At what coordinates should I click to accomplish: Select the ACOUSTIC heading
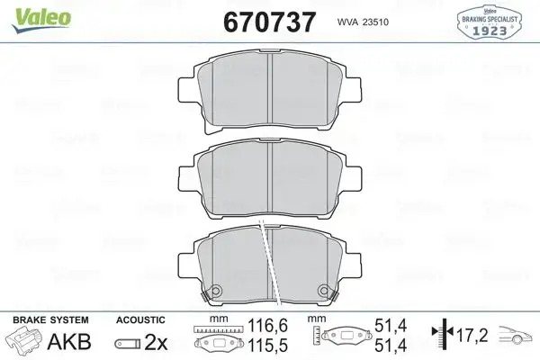point(140,319)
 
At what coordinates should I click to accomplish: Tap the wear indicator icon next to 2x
point(127,343)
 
